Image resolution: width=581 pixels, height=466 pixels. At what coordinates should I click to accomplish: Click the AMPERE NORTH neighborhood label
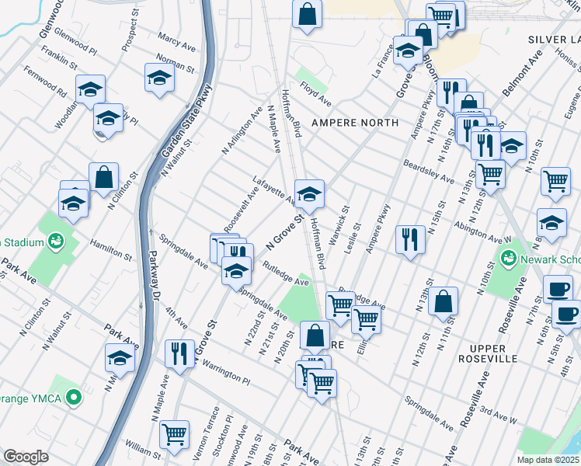(x=354, y=123)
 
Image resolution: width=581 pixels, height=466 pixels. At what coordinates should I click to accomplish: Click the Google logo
(x=26, y=457)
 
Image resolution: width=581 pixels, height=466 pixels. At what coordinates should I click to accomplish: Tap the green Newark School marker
(x=510, y=257)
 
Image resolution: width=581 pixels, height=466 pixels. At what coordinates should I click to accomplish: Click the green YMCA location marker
(x=74, y=398)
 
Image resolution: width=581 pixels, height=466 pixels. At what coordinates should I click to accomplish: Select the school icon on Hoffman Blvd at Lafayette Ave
(x=309, y=193)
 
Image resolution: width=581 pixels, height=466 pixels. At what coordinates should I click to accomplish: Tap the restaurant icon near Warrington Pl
(x=179, y=354)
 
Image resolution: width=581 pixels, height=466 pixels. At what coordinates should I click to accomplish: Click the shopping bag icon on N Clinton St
(x=103, y=177)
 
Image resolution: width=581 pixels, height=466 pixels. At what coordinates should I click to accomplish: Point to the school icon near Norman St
(x=159, y=78)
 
